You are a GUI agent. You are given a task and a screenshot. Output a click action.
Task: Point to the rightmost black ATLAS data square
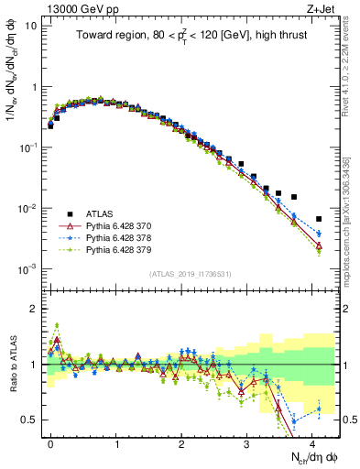(319, 219)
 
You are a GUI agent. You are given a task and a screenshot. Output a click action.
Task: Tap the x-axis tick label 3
(246, 442)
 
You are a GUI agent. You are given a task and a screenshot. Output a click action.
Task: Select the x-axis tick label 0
(50, 442)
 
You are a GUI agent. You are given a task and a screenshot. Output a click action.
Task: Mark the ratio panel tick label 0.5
(30, 420)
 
